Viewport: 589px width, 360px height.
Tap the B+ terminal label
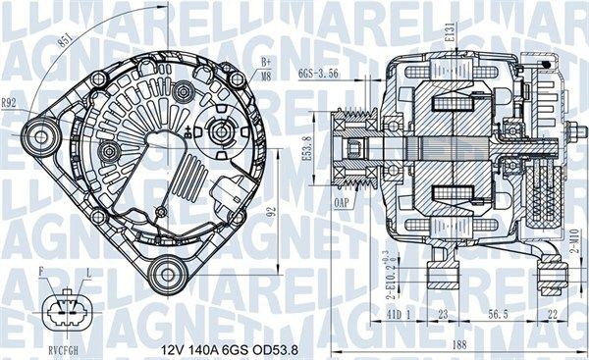[265, 62]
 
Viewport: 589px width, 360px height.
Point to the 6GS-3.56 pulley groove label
[319, 73]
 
